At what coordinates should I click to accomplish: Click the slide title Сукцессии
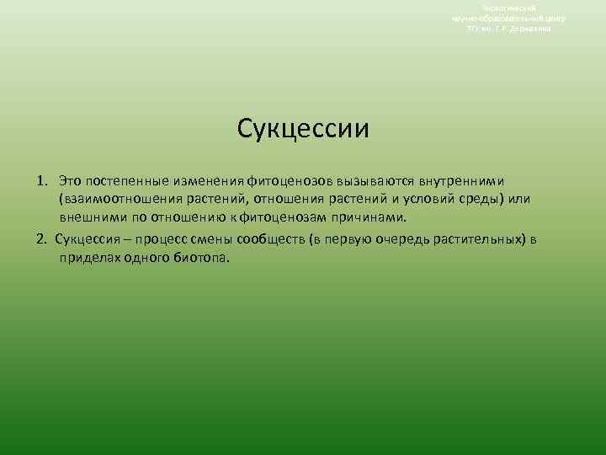(x=303, y=130)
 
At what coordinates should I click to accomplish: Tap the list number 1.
(x=42, y=181)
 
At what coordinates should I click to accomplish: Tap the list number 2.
(x=42, y=238)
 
